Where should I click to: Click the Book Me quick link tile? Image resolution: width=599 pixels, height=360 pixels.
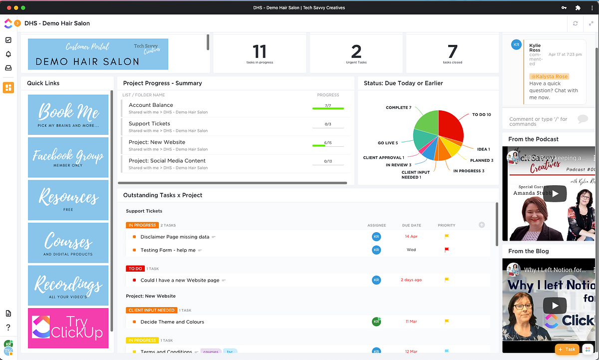click(x=68, y=115)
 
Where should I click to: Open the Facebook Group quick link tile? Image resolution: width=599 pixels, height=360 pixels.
click(x=68, y=158)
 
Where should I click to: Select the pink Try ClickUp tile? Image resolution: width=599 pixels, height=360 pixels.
click(x=68, y=328)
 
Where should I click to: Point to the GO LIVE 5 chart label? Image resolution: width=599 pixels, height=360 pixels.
click(x=388, y=143)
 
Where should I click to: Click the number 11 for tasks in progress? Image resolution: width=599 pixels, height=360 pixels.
click(x=259, y=52)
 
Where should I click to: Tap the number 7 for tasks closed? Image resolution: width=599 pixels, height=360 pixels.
click(x=452, y=52)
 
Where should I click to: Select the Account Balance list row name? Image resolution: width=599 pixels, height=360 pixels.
click(x=151, y=105)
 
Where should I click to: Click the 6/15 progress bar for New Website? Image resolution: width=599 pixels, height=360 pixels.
click(x=328, y=145)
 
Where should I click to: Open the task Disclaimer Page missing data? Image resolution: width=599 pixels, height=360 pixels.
click(x=175, y=237)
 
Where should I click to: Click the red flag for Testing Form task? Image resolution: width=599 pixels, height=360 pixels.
click(x=447, y=250)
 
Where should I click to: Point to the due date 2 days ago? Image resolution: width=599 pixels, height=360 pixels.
click(x=411, y=280)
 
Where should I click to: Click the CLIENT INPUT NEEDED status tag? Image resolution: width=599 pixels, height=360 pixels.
click(x=151, y=310)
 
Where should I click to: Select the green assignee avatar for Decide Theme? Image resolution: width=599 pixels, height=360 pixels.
click(x=376, y=322)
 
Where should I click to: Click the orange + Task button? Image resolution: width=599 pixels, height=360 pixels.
click(x=567, y=350)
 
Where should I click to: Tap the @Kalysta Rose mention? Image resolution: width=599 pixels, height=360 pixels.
click(x=549, y=76)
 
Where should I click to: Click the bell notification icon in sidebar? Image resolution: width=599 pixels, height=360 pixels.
click(x=8, y=54)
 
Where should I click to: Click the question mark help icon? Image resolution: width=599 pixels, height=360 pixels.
click(x=8, y=328)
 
